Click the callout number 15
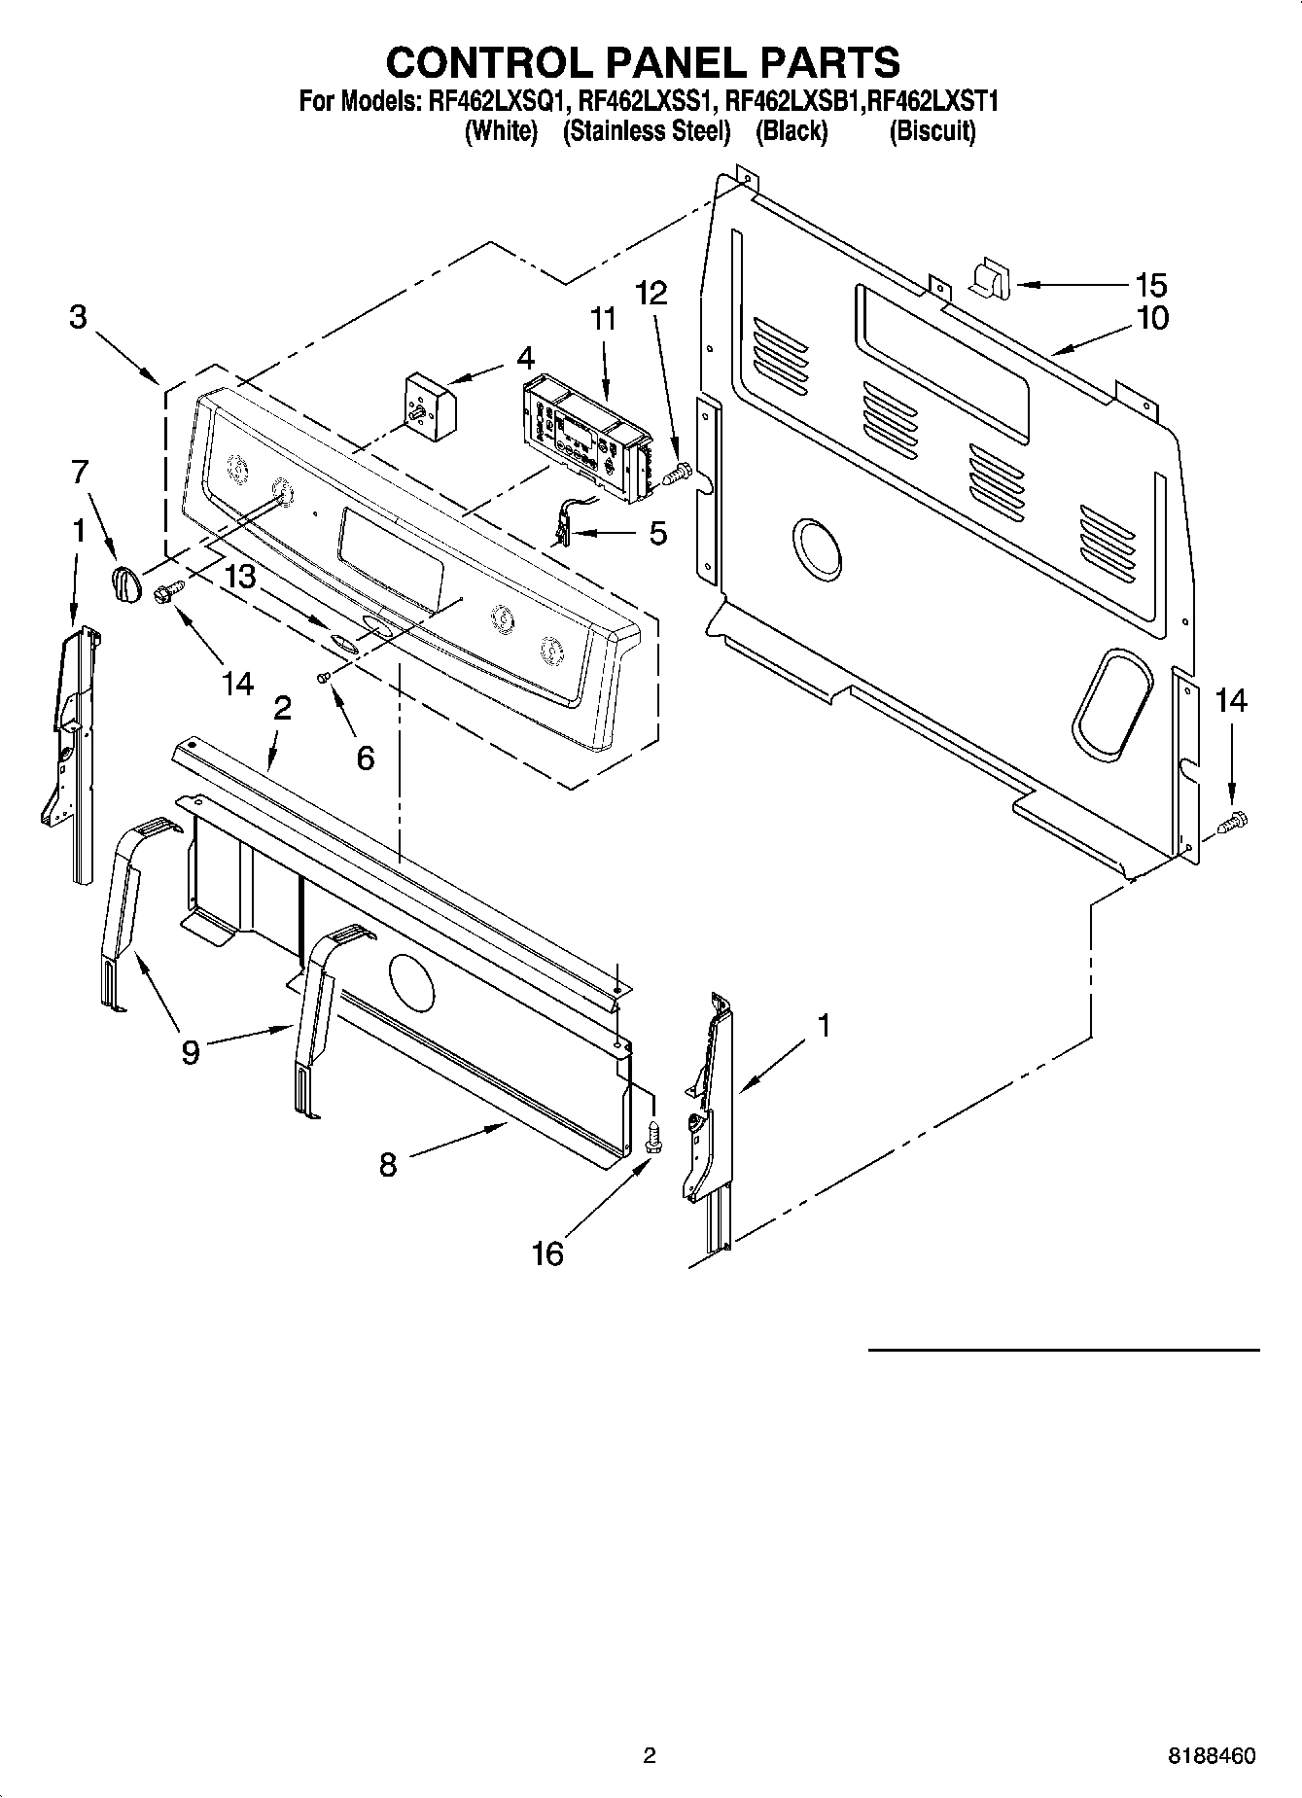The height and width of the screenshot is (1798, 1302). (x=1151, y=285)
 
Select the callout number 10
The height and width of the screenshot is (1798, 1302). (x=1153, y=318)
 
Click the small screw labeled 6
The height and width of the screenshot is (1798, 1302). (x=325, y=677)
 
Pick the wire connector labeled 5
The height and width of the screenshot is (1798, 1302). (x=563, y=526)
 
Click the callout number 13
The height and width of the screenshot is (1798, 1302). (x=239, y=577)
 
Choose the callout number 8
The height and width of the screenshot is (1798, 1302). (x=388, y=1164)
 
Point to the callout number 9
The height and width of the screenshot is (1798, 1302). (x=191, y=1051)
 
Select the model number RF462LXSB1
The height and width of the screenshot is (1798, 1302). (x=793, y=100)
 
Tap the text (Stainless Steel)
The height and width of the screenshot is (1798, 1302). (x=647, y=131)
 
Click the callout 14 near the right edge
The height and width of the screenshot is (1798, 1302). (x=1231, y=700)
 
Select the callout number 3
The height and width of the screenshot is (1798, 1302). (x=79, y=317)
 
